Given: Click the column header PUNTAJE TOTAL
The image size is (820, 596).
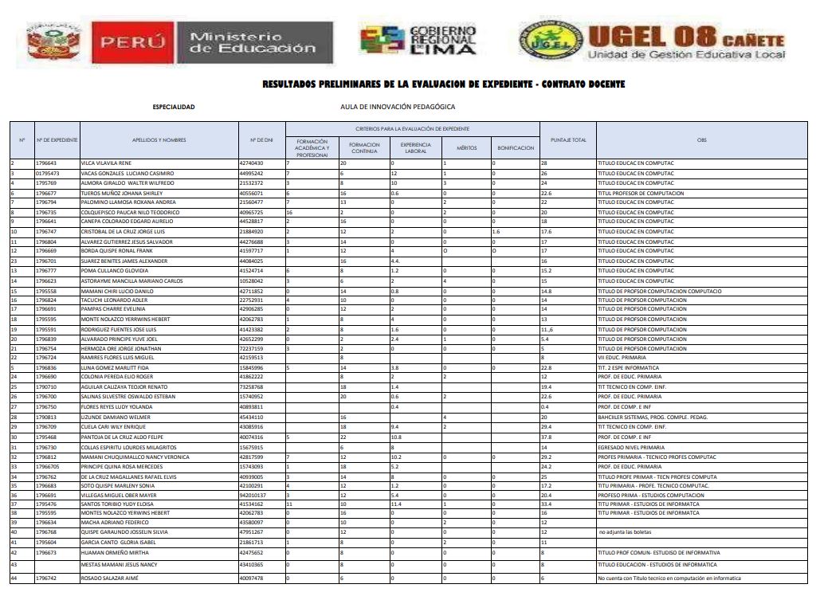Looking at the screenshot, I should [568, 140].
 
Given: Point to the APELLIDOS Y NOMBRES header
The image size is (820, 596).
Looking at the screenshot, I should [159, 140].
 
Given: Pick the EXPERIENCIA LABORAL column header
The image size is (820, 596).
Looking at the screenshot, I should [416, 148].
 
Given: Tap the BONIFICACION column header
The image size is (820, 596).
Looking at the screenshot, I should [516, 148].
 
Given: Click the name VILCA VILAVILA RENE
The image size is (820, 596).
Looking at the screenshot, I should [108, 163].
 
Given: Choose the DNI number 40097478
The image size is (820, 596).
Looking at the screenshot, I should [251, 578].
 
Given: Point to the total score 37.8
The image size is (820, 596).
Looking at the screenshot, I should [547, 437].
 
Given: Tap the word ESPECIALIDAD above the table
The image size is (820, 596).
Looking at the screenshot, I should [173, 106].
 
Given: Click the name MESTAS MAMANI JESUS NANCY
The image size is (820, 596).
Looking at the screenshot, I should [120, 564].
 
